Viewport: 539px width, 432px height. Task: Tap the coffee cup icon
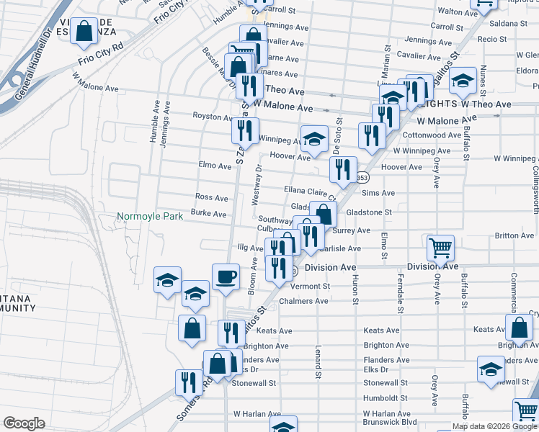(226, 277)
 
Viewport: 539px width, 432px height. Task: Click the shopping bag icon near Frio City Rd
(84, 32)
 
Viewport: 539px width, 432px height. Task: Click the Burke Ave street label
(208, 214)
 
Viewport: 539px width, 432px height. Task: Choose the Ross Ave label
(211, 197)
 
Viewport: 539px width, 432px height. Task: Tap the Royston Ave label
(212, 116)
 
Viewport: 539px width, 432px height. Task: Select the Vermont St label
(314, 286)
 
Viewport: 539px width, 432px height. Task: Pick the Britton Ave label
(514, 235)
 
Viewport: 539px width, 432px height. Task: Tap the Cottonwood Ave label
(432, 135)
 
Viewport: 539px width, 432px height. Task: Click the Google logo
(24, 423)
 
